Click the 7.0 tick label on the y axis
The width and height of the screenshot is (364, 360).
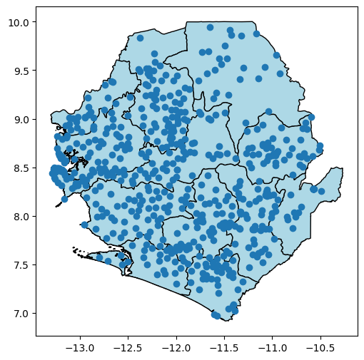tap(21, 314)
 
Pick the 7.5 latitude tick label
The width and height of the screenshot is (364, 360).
tap(21, 265)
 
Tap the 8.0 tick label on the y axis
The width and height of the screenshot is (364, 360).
tap(21, 217)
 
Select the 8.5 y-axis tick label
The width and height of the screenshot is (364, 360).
tap(21, 168)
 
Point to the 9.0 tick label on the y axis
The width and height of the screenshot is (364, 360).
tap(21, 120)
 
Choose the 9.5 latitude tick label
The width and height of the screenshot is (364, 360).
tap(21, 71)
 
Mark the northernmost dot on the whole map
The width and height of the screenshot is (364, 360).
tap(210, 28)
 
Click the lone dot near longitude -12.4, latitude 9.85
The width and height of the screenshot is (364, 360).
tap(141, 38)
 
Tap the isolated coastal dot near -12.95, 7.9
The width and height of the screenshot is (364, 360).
tap(85, 225)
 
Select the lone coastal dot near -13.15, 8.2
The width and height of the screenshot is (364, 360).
tap(64, 199)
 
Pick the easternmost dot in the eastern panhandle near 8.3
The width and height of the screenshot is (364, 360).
tap(322, 191)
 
